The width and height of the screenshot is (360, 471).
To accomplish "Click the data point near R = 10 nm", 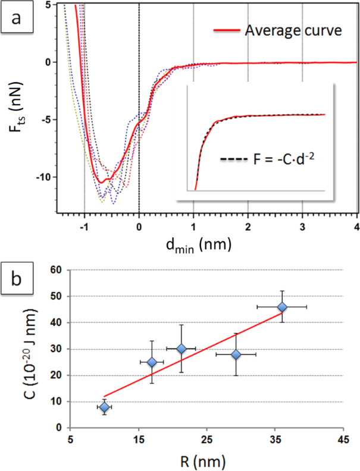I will pos(105,407).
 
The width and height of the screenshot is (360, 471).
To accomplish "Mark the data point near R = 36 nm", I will pos(282,307).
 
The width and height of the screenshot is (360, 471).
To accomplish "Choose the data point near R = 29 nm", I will pos(236,354).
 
